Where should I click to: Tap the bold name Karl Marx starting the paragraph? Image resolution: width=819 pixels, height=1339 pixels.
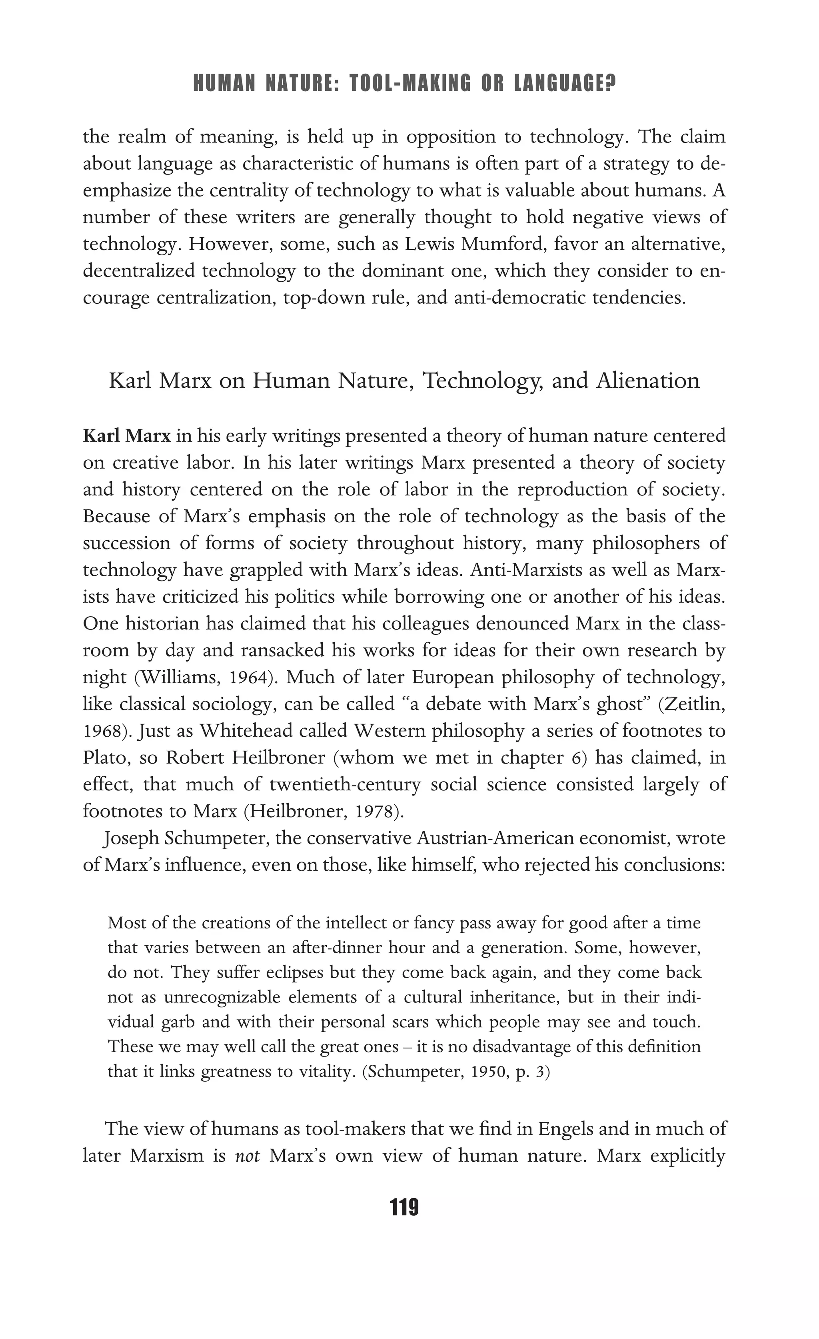(126, 436)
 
